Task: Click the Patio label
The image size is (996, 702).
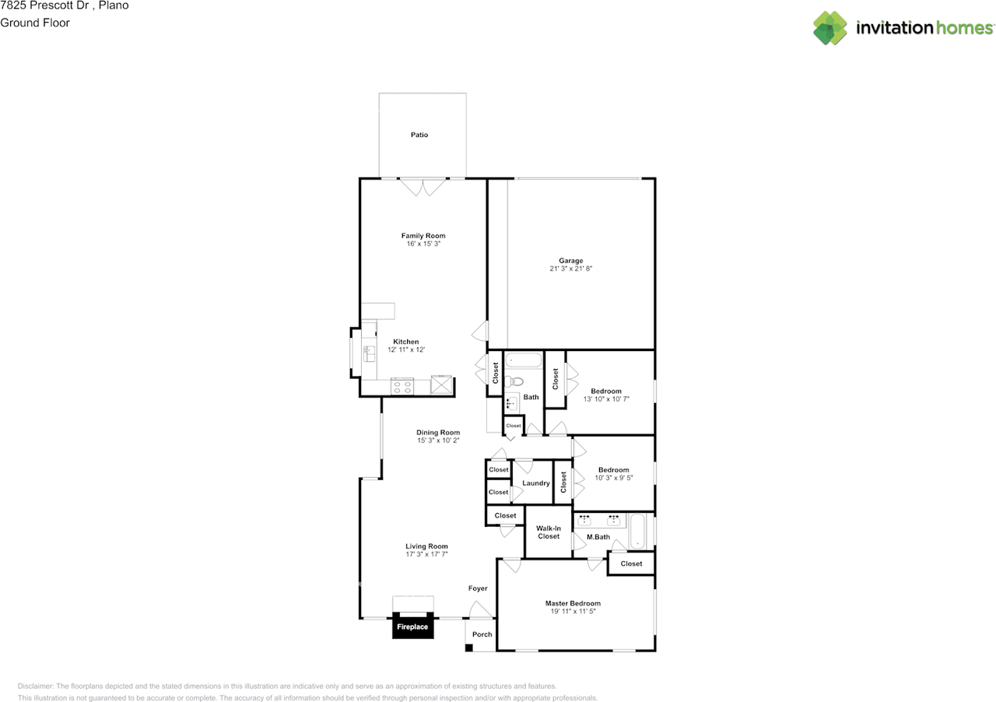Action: click(x=419, y=135)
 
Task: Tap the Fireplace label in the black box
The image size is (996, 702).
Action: click(x=412, y=627)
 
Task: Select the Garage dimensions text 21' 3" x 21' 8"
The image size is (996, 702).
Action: click(x=571, y=269)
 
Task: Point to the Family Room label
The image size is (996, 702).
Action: click(x=423, y=236)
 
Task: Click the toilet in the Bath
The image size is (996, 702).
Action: click(x=514, y=381)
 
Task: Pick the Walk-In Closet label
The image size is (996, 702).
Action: click(x=549, y=532)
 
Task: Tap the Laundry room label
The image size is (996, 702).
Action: click(x=536, y=483)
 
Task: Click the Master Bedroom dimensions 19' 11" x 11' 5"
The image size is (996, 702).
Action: click(x=573, y=612)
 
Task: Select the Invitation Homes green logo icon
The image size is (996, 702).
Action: click(x=830, y=27)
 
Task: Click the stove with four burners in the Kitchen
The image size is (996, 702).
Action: click(x=402, y=386)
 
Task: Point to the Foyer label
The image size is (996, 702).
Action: click(x=478, y=588)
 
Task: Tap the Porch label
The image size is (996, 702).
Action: click(x=482, y=634)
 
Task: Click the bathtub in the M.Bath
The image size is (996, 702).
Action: click(x=637, y=532)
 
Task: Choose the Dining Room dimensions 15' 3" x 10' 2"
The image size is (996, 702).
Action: click(x=438, y=441)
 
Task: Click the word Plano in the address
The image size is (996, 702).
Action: click(x=114, y=5)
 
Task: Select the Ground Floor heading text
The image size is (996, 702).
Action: click(x=35, y=23)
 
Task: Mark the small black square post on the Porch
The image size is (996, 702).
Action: click(x=468, y=648)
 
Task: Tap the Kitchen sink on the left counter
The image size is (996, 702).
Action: click(x=369, y=354)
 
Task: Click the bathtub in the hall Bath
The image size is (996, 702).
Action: click(x=524, y=360)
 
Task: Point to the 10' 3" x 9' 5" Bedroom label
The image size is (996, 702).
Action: click(x=614, y=474)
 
